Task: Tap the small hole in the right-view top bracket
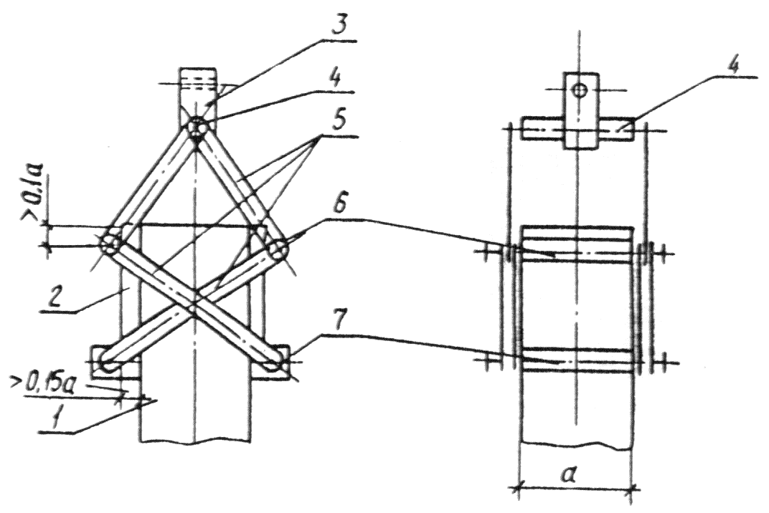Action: click(580, 90)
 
